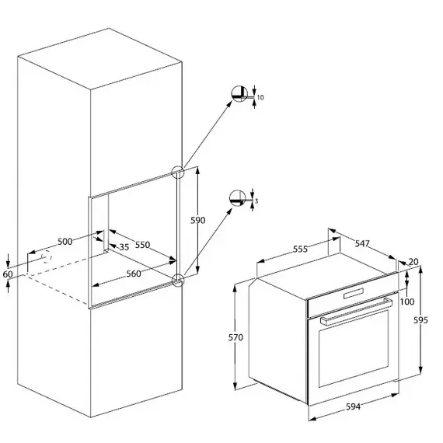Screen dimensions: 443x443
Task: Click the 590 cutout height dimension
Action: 197,220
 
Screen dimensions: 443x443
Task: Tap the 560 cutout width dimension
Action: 134,274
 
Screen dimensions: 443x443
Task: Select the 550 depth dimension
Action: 142,245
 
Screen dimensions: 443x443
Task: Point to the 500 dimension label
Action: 65,242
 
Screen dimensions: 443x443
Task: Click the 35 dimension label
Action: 124,247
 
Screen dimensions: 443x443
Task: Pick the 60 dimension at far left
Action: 8,274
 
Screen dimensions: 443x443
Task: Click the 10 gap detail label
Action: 260,97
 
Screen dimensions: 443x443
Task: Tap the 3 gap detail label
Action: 256,201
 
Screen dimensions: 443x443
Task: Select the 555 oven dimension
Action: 300,249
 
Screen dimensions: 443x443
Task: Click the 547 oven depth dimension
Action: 362,243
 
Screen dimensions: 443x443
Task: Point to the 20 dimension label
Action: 413,262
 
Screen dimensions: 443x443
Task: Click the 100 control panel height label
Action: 407,302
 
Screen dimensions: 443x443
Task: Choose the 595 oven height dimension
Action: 420,320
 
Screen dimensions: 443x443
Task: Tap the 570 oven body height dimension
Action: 235,337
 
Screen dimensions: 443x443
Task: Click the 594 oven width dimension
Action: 353,406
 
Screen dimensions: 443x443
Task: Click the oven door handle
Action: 356,312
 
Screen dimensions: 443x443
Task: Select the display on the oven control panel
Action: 354,293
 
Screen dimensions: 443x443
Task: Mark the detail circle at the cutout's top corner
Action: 178,172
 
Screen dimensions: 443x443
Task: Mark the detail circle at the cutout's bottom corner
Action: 178,281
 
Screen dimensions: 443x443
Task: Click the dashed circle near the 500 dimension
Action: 46,256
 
